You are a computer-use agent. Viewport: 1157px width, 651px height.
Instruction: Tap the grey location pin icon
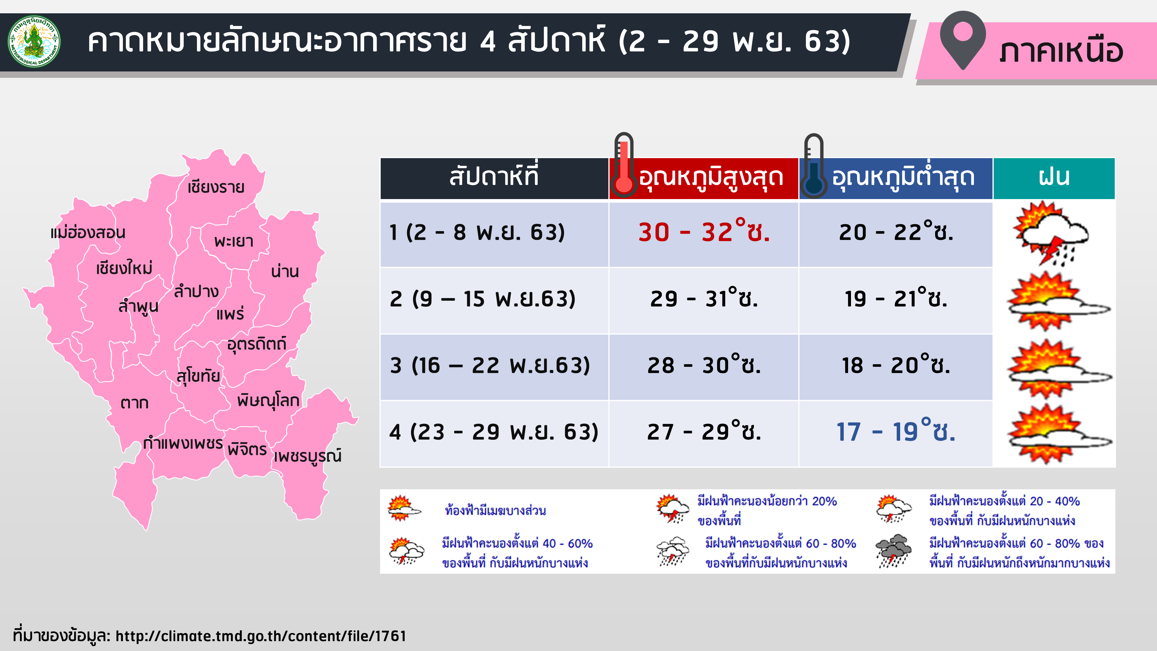click(963, 40)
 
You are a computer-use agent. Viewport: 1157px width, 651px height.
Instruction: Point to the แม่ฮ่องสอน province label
click(88, 232)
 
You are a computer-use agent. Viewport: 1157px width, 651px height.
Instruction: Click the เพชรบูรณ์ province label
click(308, 456)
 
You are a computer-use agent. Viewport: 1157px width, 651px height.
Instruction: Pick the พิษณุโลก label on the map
click(268, 400)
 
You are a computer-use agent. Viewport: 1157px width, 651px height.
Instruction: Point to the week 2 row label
click(482, 299)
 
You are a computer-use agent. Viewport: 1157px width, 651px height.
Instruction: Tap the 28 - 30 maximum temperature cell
click(704, 365)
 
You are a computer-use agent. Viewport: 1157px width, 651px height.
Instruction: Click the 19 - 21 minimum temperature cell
click(896, 298)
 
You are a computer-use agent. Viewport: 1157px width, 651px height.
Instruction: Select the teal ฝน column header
click(1054, 178)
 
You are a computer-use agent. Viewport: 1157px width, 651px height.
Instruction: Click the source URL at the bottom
click(261, 636)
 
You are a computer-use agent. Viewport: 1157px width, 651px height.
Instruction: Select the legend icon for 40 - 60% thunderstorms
click(406, 551)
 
